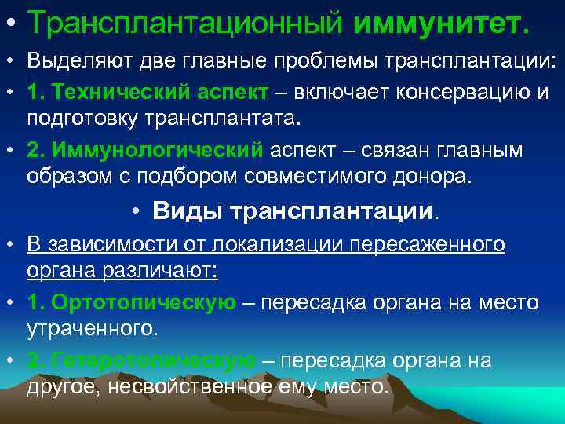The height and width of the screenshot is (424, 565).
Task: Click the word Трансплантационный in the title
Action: click(x=186, y=23)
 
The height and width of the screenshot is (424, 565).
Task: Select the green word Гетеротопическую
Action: click(x=141, y=360)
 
